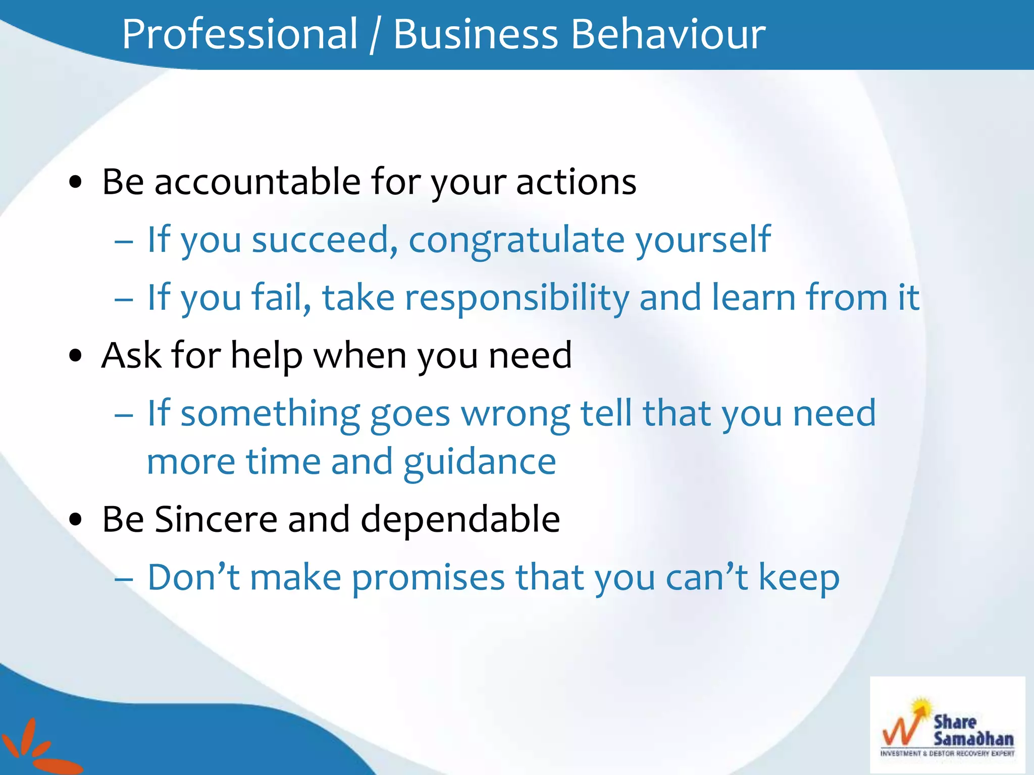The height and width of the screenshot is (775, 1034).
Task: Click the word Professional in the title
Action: tap(240, 34)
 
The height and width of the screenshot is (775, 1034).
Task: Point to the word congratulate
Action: tap(516, 240)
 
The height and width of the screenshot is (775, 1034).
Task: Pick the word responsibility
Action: tap(517, 298)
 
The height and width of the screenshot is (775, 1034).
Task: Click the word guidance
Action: tap(480, 463)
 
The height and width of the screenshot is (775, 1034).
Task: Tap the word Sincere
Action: tap(216, 519)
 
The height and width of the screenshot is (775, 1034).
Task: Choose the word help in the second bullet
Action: tap(267, 356)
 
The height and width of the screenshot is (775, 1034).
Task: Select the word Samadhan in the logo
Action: tap(973, 739)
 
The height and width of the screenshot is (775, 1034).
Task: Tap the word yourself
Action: tap(703, 240)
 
